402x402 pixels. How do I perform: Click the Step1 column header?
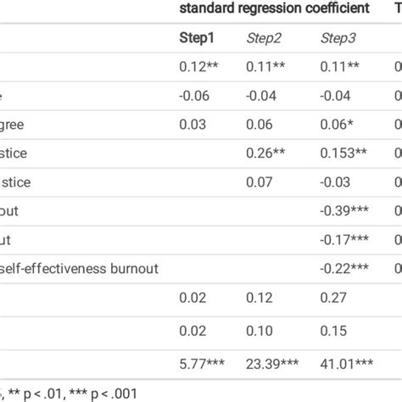[x=197, y=38]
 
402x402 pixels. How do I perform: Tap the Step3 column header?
[x=338, y=38]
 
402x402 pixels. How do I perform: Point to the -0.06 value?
[x=195, y=98]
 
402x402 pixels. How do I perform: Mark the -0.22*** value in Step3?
[x=348, y=269]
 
